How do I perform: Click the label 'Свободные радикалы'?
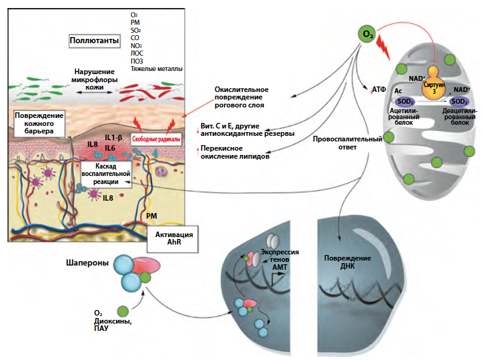click(x=152, y=140)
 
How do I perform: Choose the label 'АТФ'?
click(x=379, y=90)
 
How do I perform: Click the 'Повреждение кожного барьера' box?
click(x=38, y=123)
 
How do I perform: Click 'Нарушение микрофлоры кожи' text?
click(x=92, y=79)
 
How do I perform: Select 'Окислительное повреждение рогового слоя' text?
click(x=239, y=96)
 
